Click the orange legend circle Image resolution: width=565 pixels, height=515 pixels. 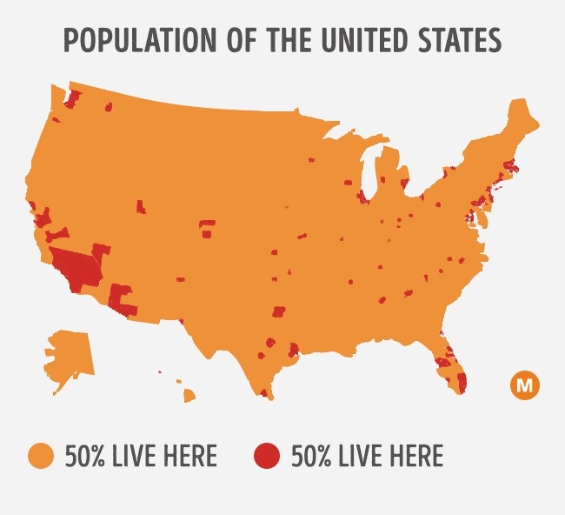pyautogui.click(x=41, y=456)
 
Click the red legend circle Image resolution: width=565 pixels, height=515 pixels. pyautogui.click(x=267, y=456)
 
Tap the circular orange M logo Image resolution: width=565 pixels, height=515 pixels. pyautogui.click(x=525, y=384)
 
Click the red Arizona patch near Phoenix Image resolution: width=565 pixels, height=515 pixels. pyautogui.click(x=123, y=299)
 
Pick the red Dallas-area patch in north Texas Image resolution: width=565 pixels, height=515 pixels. pyautogui.click(x=279, y=311)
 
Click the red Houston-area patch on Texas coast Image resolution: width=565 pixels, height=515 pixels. pyautogui.click(x=294, y=350)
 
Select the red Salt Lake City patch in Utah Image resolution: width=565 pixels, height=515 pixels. pyautogui.click(x=141, y=206)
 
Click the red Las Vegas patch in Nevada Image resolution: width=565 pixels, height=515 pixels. pyautogui.click(x=101, y=250)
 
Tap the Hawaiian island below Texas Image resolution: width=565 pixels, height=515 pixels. pyautogui.click(x=189, y=396)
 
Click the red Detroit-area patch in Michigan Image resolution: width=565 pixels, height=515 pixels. pyautogui.click(x=403, y=184)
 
